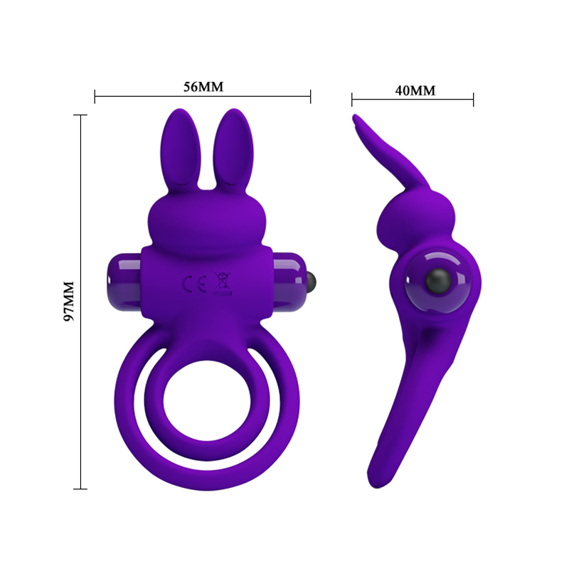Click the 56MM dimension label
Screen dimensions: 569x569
203,87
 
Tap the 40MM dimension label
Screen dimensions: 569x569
415,90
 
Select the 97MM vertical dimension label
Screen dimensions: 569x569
70,301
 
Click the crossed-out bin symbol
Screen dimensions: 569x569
222,282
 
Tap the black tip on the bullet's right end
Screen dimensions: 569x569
311,274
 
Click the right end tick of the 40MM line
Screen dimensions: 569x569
473,99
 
